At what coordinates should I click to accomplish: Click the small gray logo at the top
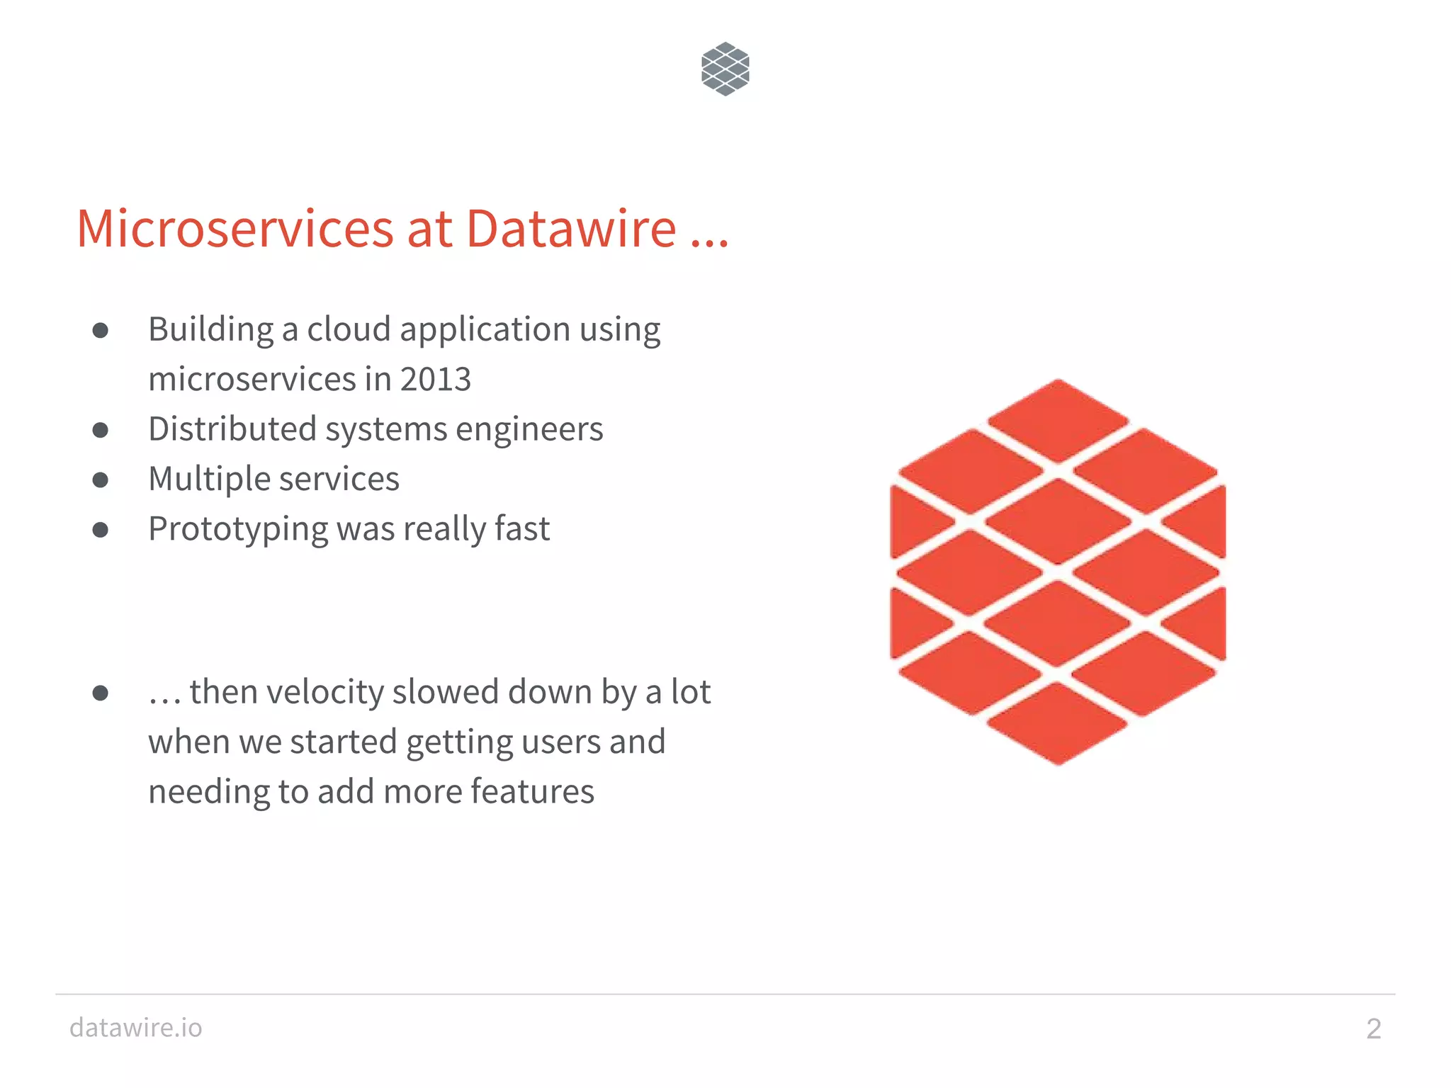point(725,69)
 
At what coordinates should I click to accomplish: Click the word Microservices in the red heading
point(235,229)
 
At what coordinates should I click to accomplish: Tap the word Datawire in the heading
point(571,229)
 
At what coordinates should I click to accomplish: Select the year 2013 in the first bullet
point(435,379)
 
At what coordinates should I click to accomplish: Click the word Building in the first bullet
point(210,330)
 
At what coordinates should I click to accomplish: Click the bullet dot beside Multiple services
point(101,480)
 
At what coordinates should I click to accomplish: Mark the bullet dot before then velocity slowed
point(101,693)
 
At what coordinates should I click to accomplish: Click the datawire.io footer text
point(135,1027)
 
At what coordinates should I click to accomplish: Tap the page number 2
point(1373,1028)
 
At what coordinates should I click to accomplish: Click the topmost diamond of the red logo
point(1058,420)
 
